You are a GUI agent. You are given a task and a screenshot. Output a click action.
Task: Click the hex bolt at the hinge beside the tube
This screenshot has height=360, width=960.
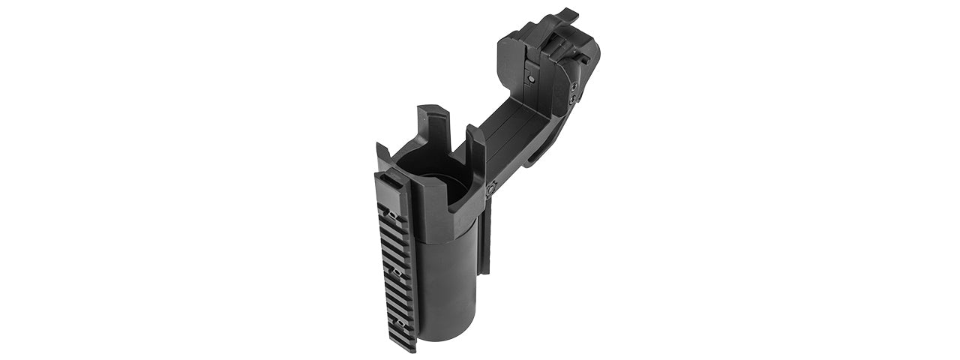pyautogui.click(x=490, y=190)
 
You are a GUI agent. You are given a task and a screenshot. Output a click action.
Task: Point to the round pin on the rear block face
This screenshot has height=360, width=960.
pyautogui.click(x=531, y=78)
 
